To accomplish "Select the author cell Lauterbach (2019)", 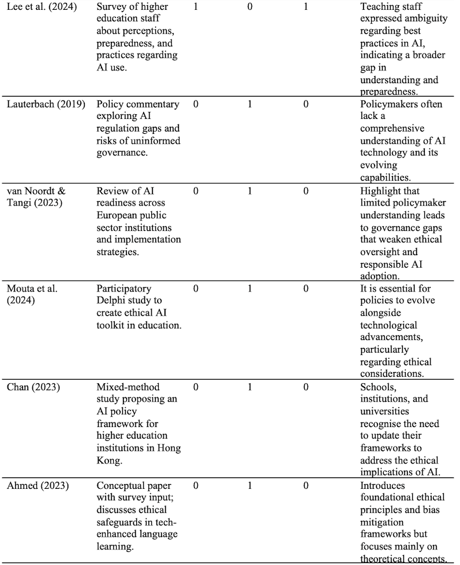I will tap(45, 104).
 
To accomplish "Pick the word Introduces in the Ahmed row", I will tap(383, 485).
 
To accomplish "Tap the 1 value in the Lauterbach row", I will tap(249, 104).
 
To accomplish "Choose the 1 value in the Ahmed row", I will tap(249, 485).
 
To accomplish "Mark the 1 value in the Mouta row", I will tap(249, 288).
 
